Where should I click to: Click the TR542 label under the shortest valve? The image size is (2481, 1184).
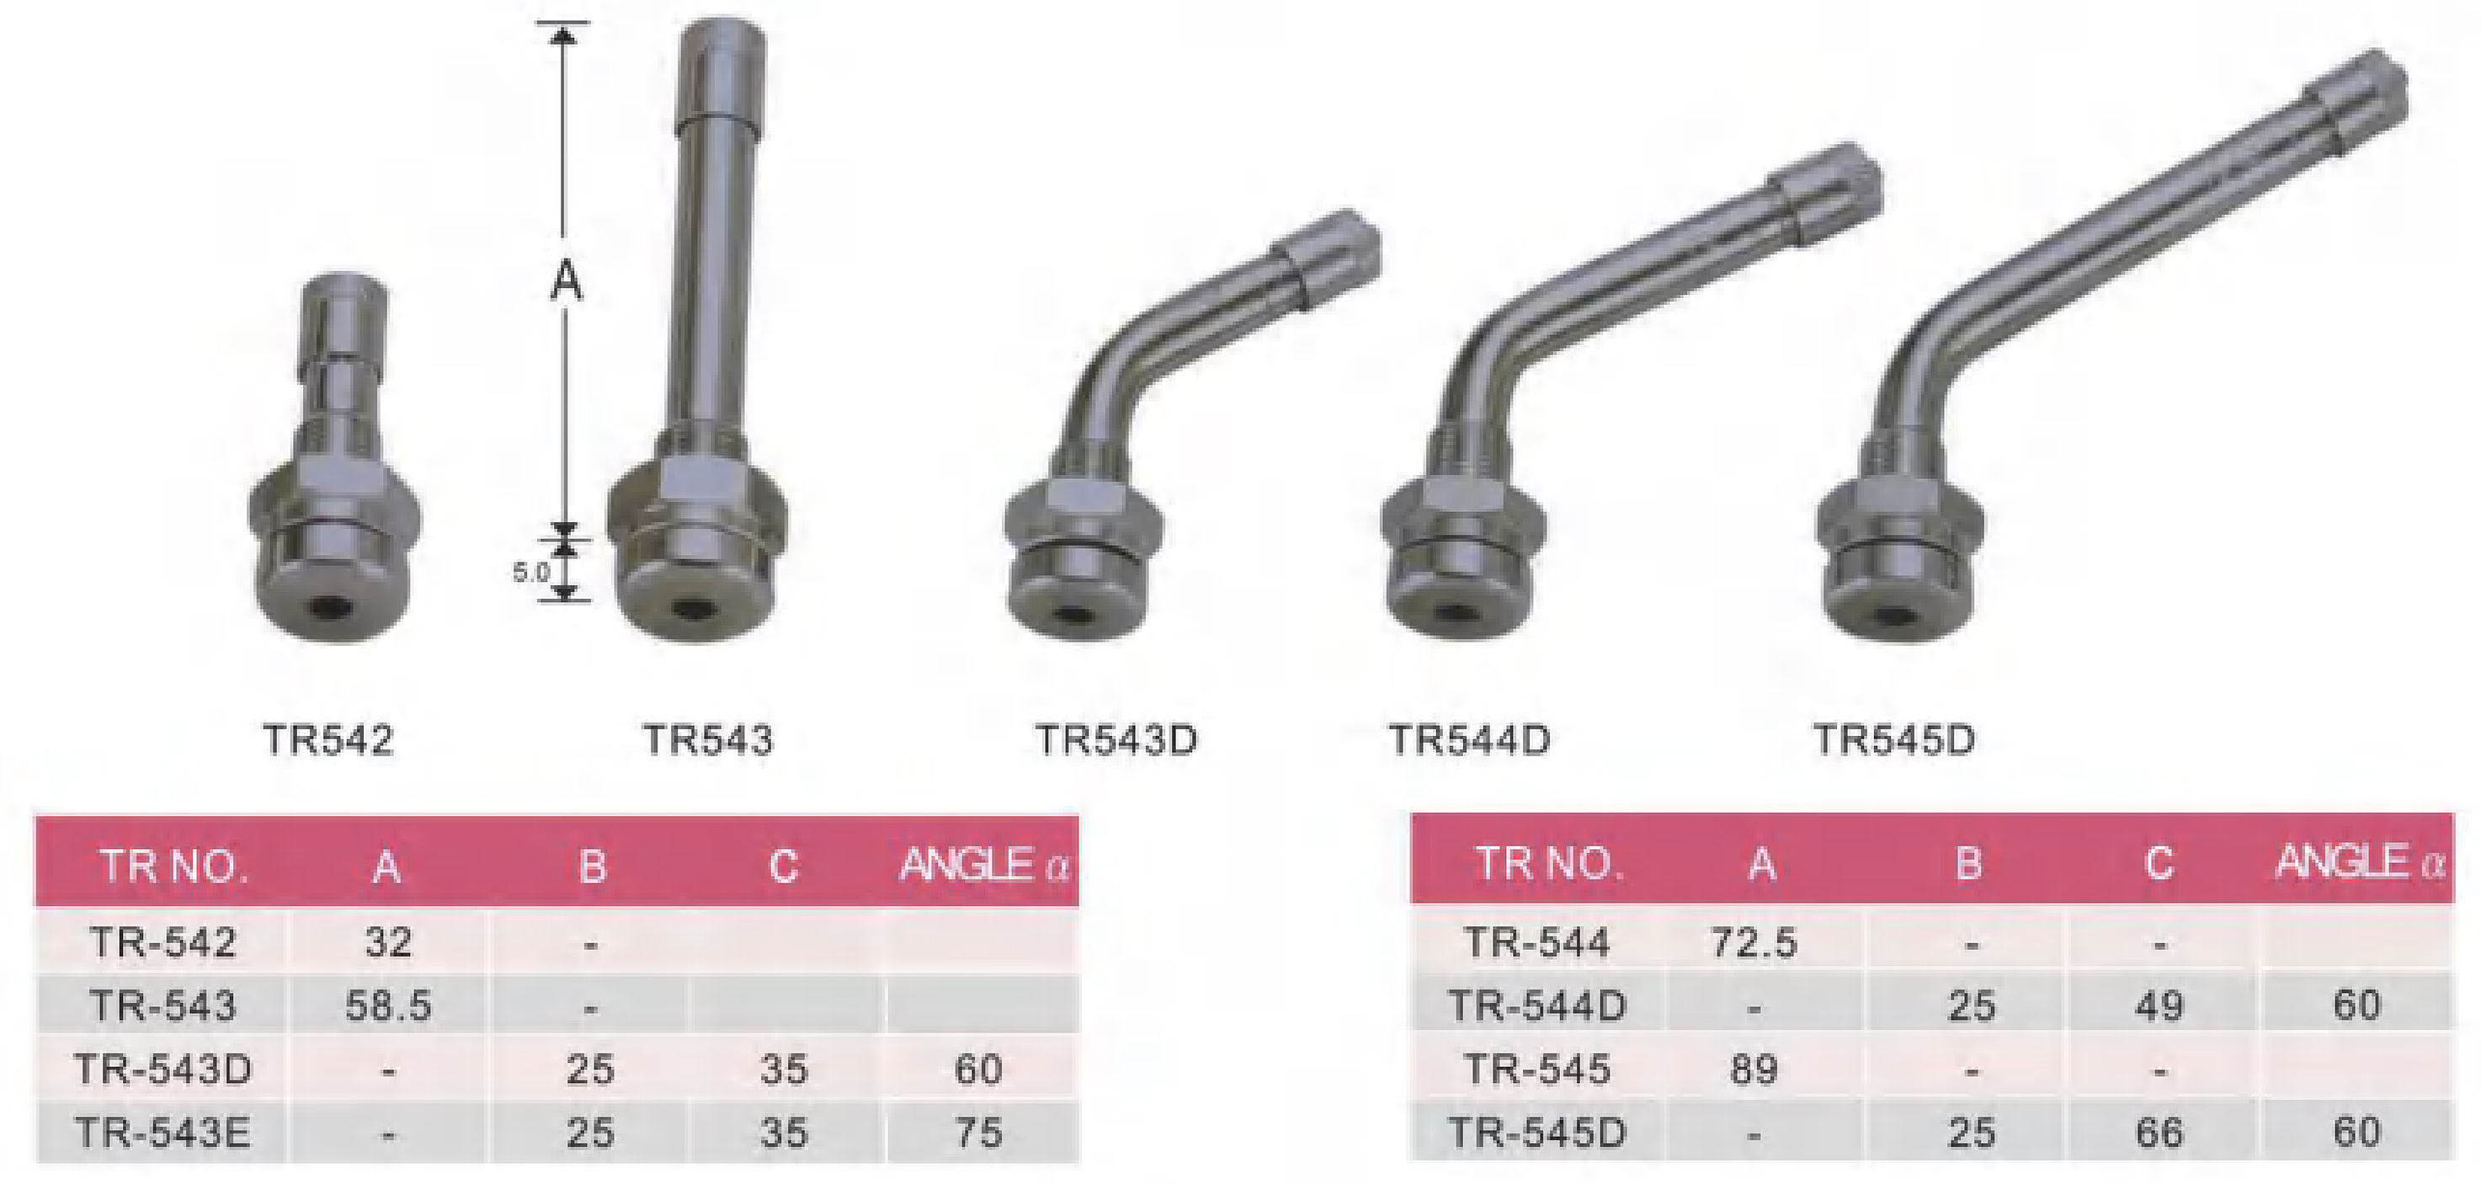coord(328,740)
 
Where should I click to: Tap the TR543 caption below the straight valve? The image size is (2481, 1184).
coord(708,740)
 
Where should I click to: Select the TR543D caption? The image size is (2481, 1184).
coord(1116,740)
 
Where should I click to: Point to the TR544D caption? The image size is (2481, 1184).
coord(1470,740)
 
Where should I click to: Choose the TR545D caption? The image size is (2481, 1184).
coord(1894,740)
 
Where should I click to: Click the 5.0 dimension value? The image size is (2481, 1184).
coord(530,573)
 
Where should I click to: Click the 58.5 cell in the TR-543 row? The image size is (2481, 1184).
coord(387,1005)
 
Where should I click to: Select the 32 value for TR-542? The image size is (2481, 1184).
coord(388,941)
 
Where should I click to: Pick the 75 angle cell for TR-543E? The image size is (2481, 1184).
coord(978,1132)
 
